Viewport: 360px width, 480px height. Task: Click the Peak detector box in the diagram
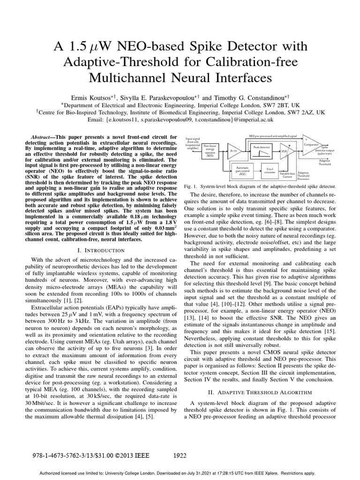(x=262, y=150)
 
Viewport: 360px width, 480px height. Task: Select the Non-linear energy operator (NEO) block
(x=210, y=151)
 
